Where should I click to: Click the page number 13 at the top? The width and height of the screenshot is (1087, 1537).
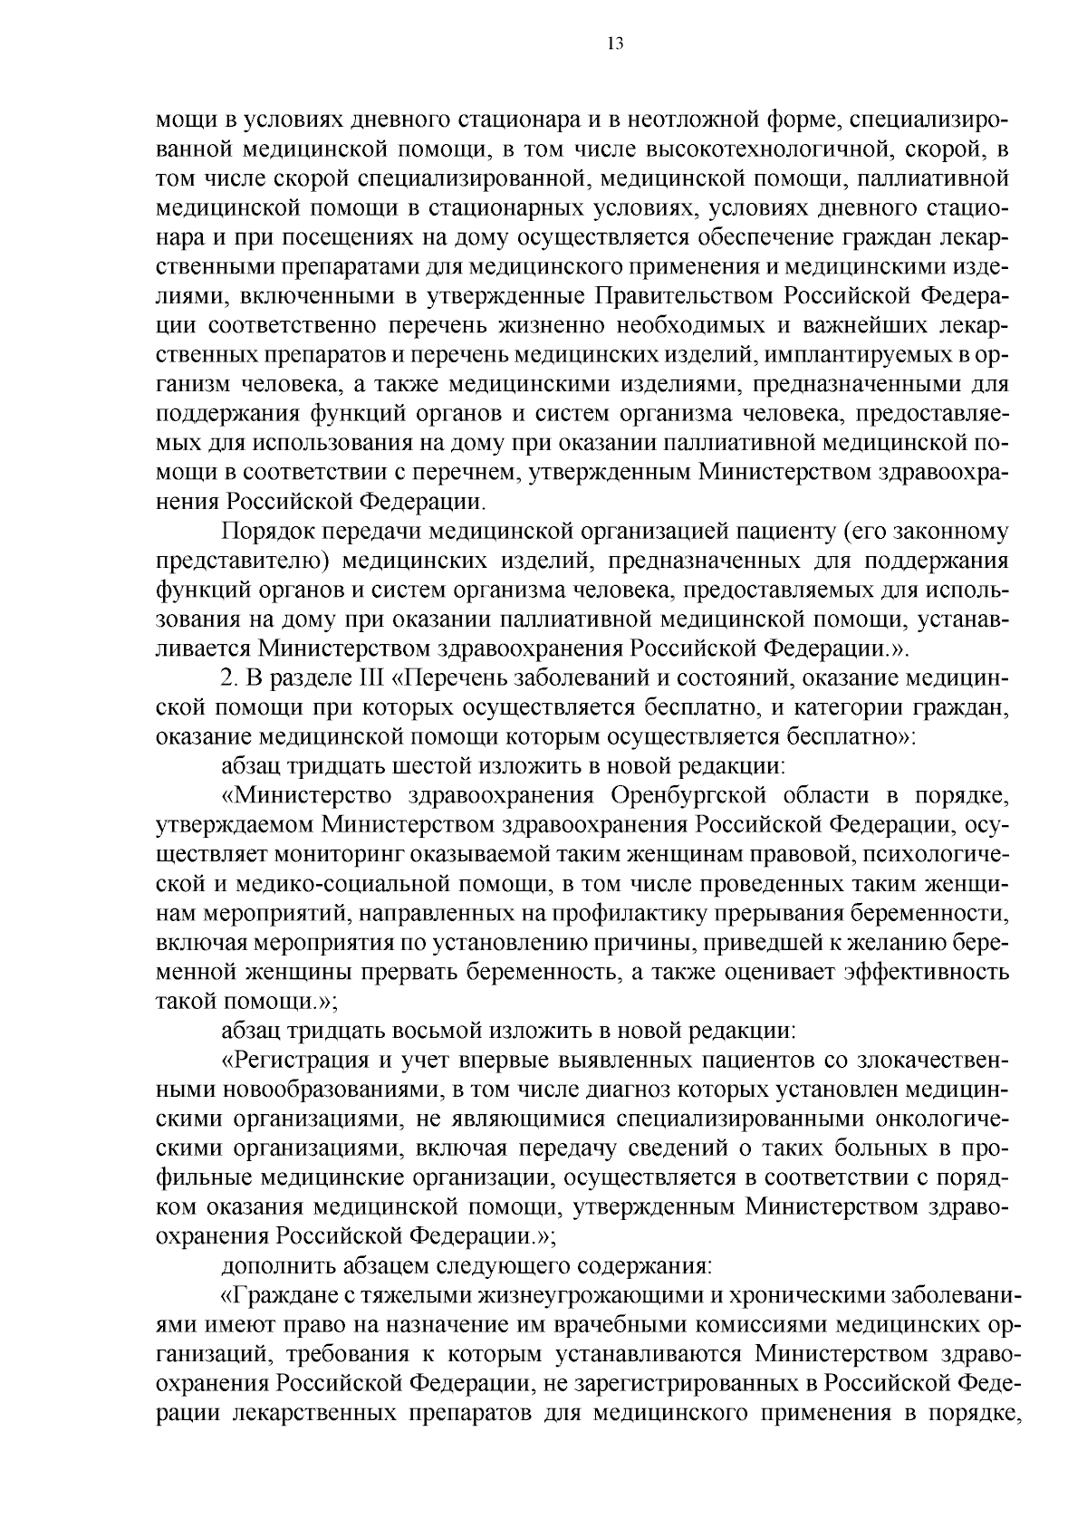click(615, 44)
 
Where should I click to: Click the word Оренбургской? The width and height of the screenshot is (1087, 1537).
click(689, 796)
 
